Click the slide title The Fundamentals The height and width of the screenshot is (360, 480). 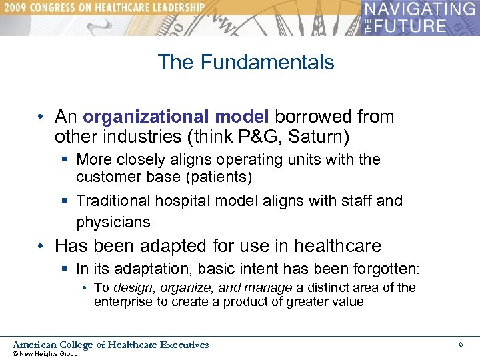[246, 63]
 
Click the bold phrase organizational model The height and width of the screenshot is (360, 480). [175, 117]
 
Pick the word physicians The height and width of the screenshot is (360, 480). [113, 222]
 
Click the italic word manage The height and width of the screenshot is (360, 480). [270, 288]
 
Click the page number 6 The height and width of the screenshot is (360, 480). [461, 343]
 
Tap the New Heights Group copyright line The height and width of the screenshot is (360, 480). [45, 354]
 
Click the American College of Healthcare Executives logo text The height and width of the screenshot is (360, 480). [111, 345]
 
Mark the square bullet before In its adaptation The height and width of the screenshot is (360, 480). [65, 270]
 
